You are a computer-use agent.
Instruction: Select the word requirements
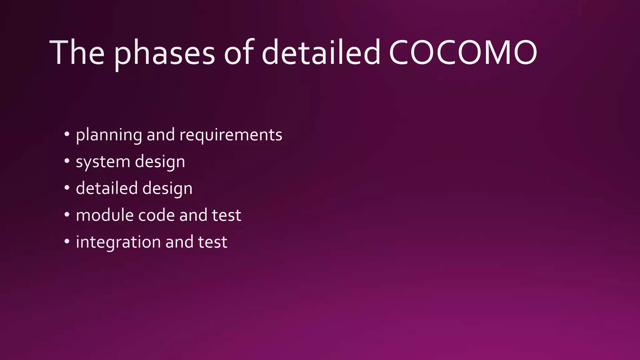231,135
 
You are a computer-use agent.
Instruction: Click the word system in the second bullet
103,162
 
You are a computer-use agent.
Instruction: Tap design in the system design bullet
160,162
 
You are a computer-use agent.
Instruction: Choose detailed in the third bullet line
107,188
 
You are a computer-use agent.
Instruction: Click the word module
104,215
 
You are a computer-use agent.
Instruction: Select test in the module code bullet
227,215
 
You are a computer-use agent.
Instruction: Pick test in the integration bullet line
212,242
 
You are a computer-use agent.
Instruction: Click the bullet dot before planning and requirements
67,134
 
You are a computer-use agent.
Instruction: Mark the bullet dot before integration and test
67,241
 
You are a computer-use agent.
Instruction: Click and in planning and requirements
161,135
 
